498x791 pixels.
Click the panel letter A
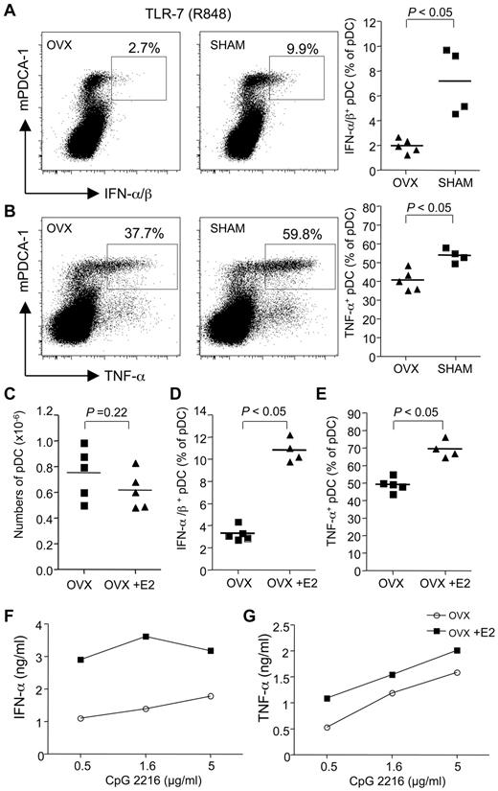[x=9, y=10]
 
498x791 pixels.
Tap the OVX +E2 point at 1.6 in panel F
[x=145, y=663]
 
